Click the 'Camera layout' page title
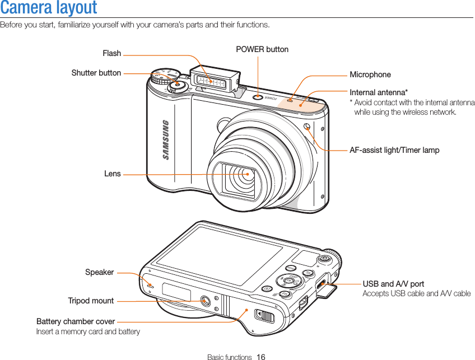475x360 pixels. click(49, 8)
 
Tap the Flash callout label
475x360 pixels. click(111, 54)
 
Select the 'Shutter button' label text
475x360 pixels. click(96, 73)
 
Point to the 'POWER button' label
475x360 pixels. click(262, 49)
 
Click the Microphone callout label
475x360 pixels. click(370, 74)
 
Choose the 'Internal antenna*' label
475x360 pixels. click(379, 92)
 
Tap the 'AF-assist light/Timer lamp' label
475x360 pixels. click(394, 150)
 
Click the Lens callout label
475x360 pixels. click(112, 174)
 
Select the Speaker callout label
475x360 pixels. click(99, 273)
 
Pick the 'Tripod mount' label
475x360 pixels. click(91, 301)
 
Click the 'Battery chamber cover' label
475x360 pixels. click(76, 321)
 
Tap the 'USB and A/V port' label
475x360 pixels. click(393, 284)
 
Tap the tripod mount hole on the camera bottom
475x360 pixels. click(204, 301)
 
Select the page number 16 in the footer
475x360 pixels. click(261, 357)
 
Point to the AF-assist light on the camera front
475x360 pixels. click(307, 125)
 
